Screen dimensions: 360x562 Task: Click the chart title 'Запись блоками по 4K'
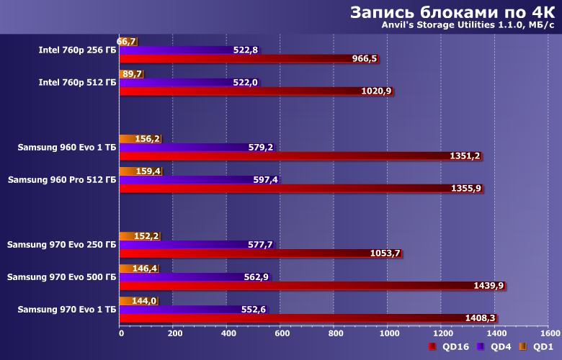coord(452,12)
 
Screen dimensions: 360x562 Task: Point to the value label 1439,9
coord(489,285)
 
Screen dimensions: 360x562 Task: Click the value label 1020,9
coord(377,91)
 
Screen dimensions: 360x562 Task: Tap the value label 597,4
coord(265,179)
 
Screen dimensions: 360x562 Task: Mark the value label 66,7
coord(126,42)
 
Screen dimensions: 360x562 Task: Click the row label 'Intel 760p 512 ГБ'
coord(77,83)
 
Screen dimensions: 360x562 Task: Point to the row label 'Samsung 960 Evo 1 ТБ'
coord(67,148)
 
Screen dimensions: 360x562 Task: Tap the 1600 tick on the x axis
coord(548,333)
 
